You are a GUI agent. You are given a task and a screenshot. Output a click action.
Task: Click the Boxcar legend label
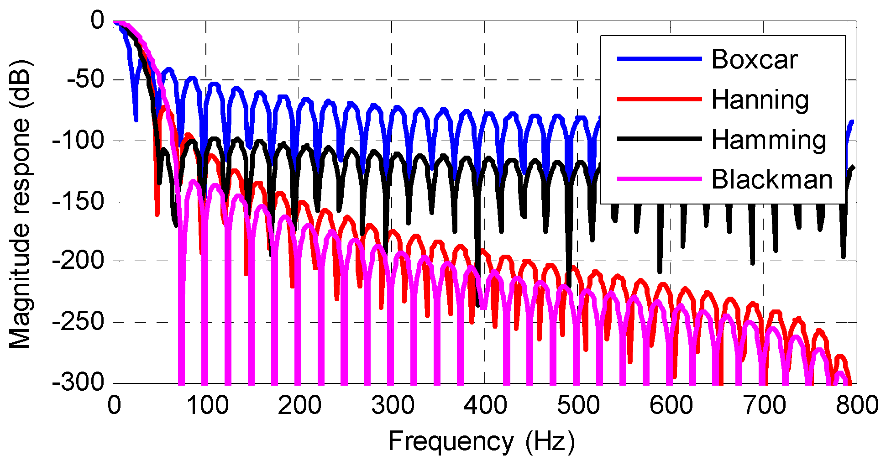tap(754, 60)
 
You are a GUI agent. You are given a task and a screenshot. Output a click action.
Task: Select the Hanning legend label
tap(760, 100)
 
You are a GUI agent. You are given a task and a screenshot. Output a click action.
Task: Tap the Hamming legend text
tap(769, 140)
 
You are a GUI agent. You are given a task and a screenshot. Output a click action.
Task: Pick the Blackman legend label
tap(772, 179)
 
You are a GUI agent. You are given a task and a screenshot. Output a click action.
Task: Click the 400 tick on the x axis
tap(485, 405)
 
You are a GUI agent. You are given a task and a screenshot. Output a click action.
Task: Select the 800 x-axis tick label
tap(856, 405)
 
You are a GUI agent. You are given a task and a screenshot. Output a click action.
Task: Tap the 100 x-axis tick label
tap(207, 405)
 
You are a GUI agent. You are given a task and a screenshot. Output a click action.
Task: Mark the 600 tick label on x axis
tap(671, 405)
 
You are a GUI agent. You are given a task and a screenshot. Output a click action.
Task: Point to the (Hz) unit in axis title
tap(550, 442)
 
